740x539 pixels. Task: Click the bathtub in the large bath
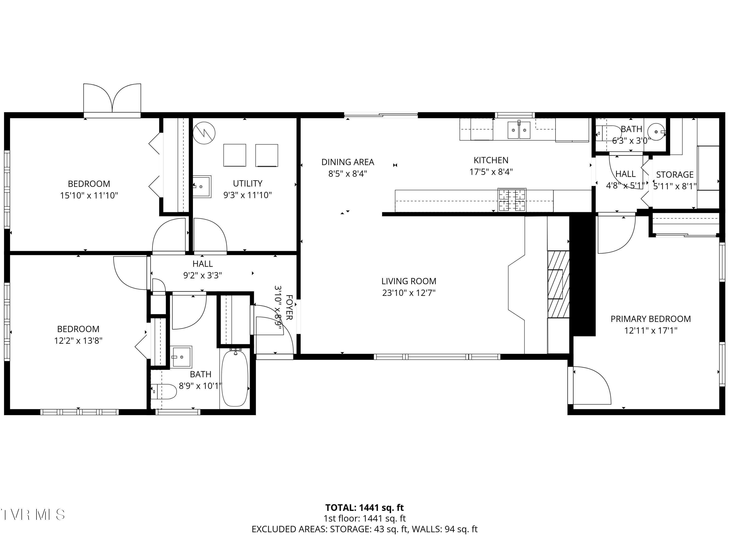point(235,378)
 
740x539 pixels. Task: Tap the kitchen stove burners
point(512,200)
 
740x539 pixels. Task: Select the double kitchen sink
point(519,130)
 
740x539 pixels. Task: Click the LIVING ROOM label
point(408,281)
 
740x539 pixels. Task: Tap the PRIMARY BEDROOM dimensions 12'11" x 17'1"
point(651,331)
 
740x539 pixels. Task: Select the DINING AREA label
point(348,162)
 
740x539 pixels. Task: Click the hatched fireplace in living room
point(558,284)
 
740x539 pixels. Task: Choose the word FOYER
point(289,307)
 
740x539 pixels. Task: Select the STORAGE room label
point(675,175)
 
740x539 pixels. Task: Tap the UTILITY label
point(247,183)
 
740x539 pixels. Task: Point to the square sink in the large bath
point(181,357)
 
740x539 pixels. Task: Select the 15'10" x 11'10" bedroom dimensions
point(89,195)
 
